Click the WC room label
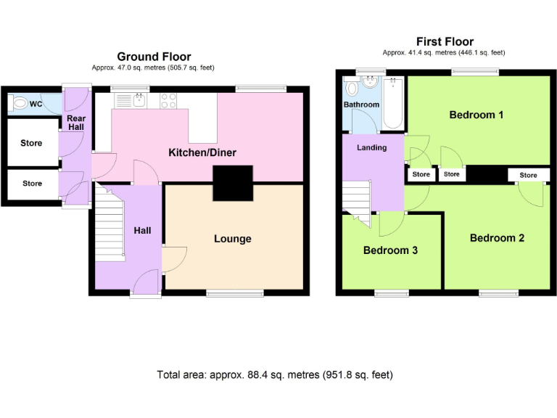pos(36,104)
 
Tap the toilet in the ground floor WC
pos(20,104)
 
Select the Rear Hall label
pos(75,122)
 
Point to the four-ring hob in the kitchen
pos(169,100)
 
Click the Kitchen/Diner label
pos(202,152)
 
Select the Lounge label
pos(232,239)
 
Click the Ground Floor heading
pos(154,57)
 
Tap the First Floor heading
pos(444,42)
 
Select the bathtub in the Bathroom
pos(392,103)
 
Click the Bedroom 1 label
pos(476,115)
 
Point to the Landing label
pos(371,147)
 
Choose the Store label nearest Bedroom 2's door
pos(528,175)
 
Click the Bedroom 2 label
pos(497,238)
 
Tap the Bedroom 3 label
pos(390,250)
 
